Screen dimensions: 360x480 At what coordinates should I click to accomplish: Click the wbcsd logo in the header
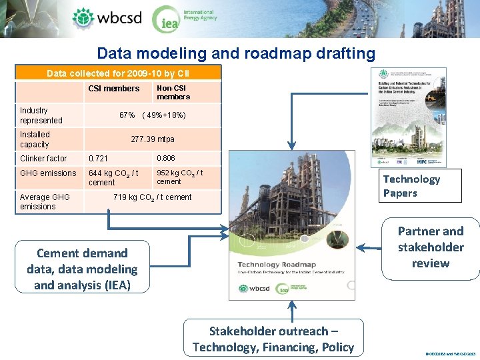(107, 18)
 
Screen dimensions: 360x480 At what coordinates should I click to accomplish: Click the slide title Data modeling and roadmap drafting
(236, 53)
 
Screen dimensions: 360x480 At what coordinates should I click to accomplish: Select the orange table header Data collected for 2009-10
(118, 73)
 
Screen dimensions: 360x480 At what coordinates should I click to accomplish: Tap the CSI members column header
(114, 89)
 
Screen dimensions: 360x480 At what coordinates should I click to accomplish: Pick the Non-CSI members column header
(173, 92)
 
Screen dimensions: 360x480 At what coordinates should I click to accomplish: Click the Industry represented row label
(41, 115)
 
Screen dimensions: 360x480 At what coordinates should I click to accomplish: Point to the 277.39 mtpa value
(153, 139)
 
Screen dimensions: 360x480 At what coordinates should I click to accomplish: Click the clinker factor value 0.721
(98, 159)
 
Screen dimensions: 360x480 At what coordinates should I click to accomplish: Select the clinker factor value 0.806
(165, 159)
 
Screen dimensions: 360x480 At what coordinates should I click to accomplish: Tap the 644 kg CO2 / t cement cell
(113, 177)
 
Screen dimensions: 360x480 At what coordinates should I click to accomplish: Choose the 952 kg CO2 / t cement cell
(180, 177)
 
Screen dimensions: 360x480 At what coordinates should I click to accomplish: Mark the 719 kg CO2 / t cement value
(153, 197)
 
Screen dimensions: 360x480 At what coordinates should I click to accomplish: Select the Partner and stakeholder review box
(430, 247)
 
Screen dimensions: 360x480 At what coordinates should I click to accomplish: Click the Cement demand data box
(82, 269)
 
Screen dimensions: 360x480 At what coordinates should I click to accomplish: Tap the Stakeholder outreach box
(273, 339)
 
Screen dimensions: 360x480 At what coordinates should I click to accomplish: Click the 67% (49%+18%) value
(153, 115)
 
